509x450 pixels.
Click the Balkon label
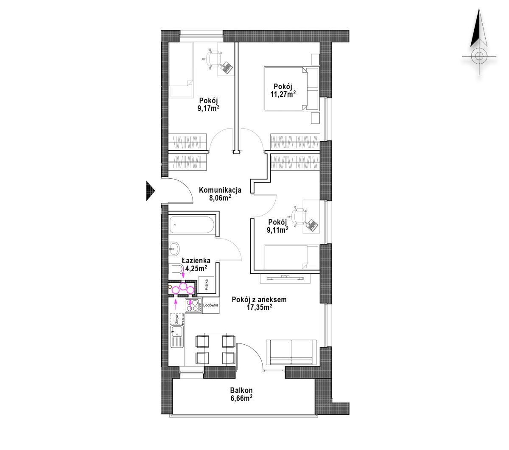point(241,390)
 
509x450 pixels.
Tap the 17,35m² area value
point(260,307)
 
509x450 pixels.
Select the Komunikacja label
point(220,190)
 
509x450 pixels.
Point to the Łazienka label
point(196,260)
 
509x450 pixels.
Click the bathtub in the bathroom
point(192,225)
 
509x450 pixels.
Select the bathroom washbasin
point(174,248)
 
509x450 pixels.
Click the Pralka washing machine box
point(206,285)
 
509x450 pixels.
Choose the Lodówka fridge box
point(210,305)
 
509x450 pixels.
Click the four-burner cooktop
point(193,305)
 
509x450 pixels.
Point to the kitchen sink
point(177,337)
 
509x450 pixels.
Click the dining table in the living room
point(215,349)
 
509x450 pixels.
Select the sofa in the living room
point(291,352)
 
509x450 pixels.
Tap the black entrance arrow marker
point(151,191)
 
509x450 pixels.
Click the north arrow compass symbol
point(479,42)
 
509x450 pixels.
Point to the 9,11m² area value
point(277,230)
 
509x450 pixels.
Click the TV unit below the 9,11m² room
point(285,278)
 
